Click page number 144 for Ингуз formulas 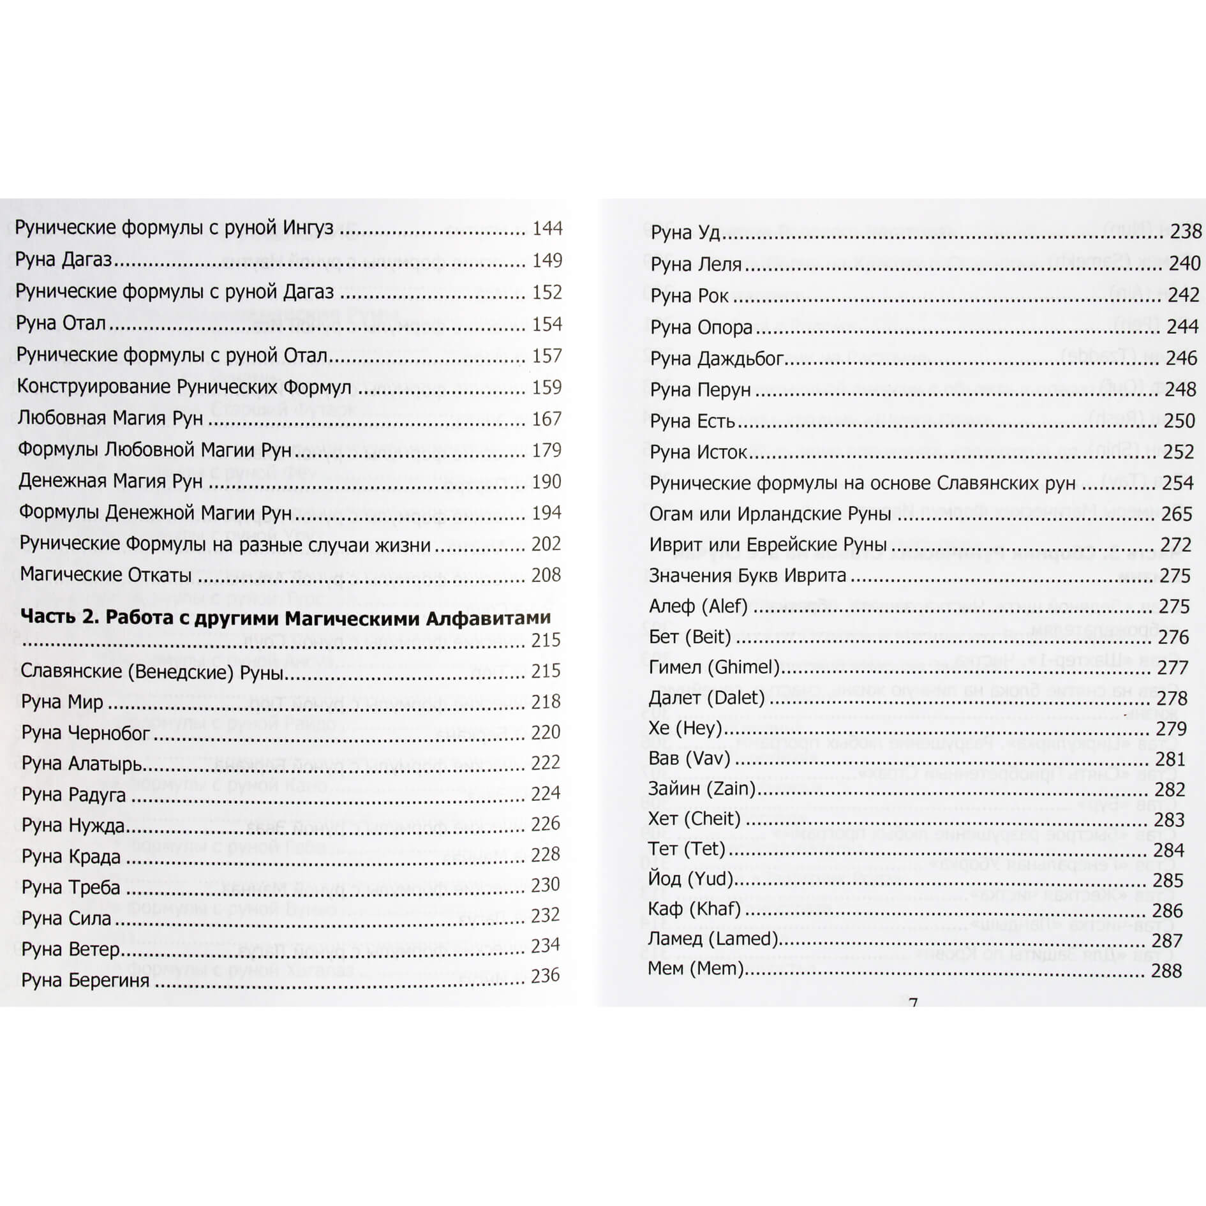coord(547,228)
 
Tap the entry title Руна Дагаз coord(64,260)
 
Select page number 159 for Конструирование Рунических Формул coord(547,387)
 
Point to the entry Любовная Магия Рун coord(110,419)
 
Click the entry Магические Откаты coord(106,575)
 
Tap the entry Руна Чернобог coord(86,733)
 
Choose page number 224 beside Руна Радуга coord(546,793)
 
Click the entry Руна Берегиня coord(86,980)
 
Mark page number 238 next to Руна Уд coord(1186,232)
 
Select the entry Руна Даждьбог coord(717,359)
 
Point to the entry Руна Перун coord(700,390)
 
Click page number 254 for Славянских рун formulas coord(1177,483)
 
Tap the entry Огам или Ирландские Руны coord(770,514)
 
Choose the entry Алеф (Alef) coord(698,606)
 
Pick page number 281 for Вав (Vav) coord(1170,759)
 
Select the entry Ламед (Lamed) coord(713,939)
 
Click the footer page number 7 coord(913,1003)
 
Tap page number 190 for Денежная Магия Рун coord(547,482)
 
